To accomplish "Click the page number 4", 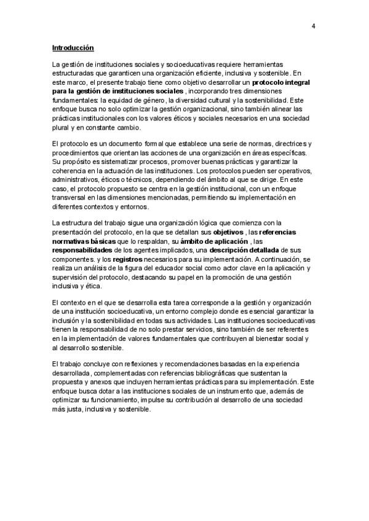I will [314, 26].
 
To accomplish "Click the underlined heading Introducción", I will [73, 47].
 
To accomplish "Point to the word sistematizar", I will [109, 162].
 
